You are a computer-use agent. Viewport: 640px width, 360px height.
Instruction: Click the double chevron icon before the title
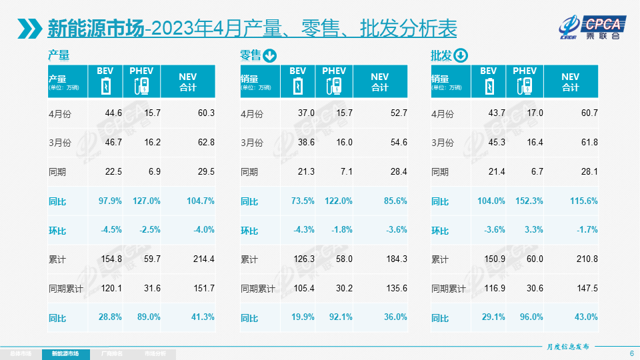tap(31, 29)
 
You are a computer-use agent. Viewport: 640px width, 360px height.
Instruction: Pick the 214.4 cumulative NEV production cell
tap(202, 259)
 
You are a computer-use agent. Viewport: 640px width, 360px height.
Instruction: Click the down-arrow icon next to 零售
tap(270, 55)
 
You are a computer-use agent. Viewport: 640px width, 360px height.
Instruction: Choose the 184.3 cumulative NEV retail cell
tap(395, 259)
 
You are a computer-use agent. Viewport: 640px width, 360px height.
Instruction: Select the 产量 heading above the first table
tap(59, 55)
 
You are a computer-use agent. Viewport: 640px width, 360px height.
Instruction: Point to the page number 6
tap(631, 353)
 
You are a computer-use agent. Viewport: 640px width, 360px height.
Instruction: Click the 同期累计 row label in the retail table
tap(259, 289)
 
